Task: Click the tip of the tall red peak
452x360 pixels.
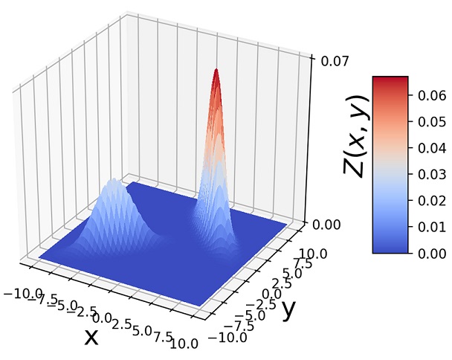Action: click(x=216, y=71)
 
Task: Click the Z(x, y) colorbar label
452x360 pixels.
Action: click(x=358, y=135)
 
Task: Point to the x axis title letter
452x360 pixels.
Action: click(x=91, y=337)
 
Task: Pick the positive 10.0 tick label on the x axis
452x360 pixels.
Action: click(x=183, y=343)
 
